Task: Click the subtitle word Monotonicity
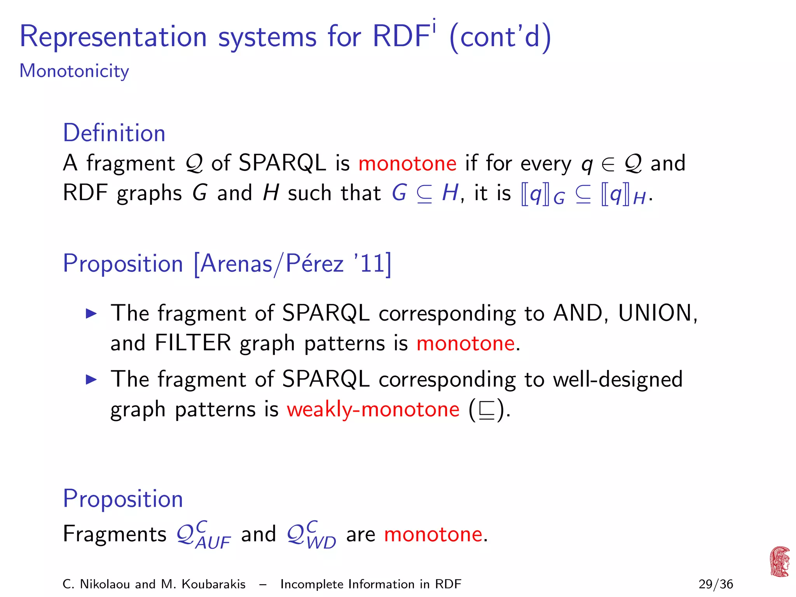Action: tap(74, 72)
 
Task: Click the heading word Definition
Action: tap(114, 133)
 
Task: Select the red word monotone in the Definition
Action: tap(407, 163)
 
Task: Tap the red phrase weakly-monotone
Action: tap(373, 410)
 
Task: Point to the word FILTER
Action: tap(193, 343)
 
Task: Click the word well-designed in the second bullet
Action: tap(618, 379)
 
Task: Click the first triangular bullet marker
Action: tap(91, 314)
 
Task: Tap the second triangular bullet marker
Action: tap(91, 380)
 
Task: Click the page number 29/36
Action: tap(716, 584)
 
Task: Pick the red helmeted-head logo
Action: tap(779, 562)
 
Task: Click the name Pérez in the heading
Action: tap(315, 264)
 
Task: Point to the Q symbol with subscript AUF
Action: tap(203, 535)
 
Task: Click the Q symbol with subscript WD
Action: tap(311, 535)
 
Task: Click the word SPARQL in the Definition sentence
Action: tap(282, 163)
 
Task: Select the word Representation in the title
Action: tap(113, 37)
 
